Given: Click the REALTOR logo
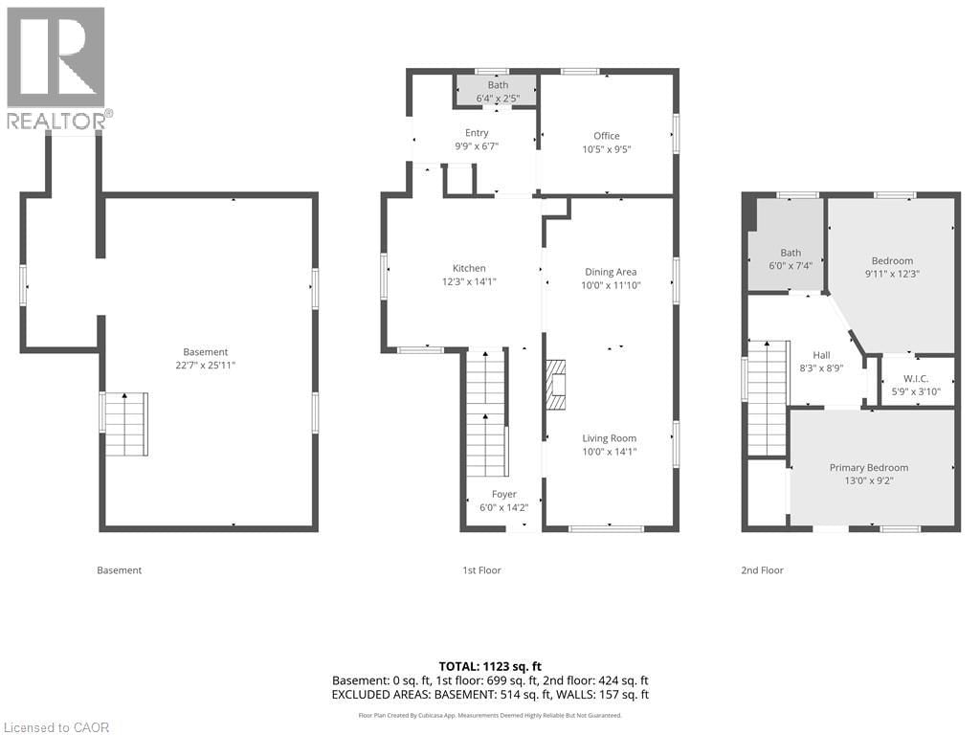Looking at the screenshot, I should click(x=56, y=67).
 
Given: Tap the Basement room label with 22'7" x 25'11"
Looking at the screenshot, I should click(x=206, y=358).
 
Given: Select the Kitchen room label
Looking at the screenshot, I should click(x=469, y=275).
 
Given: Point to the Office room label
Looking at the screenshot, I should click(x=606, y=142).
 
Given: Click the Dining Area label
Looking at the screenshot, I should click(x=610, y=278).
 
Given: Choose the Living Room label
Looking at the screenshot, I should click(x=610, y=445).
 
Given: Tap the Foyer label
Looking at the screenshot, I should click(x=503, y=501).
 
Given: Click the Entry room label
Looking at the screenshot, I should click(x=477, y=139).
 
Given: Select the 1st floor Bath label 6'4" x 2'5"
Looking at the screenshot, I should click(x=498, y=91).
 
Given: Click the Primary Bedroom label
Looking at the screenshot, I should click(x=868, y=474).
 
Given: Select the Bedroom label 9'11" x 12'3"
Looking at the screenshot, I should click(x=891, y=267).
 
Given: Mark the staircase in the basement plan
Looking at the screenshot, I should click(x=125, y=423).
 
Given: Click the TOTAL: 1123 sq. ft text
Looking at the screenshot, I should click(x=489, y=665).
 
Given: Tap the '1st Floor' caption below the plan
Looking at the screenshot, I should click(x=481, y=570).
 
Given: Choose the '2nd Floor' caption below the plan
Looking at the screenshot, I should click(x=762, y=570).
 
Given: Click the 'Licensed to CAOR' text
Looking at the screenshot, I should click(x=56, y=726).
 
